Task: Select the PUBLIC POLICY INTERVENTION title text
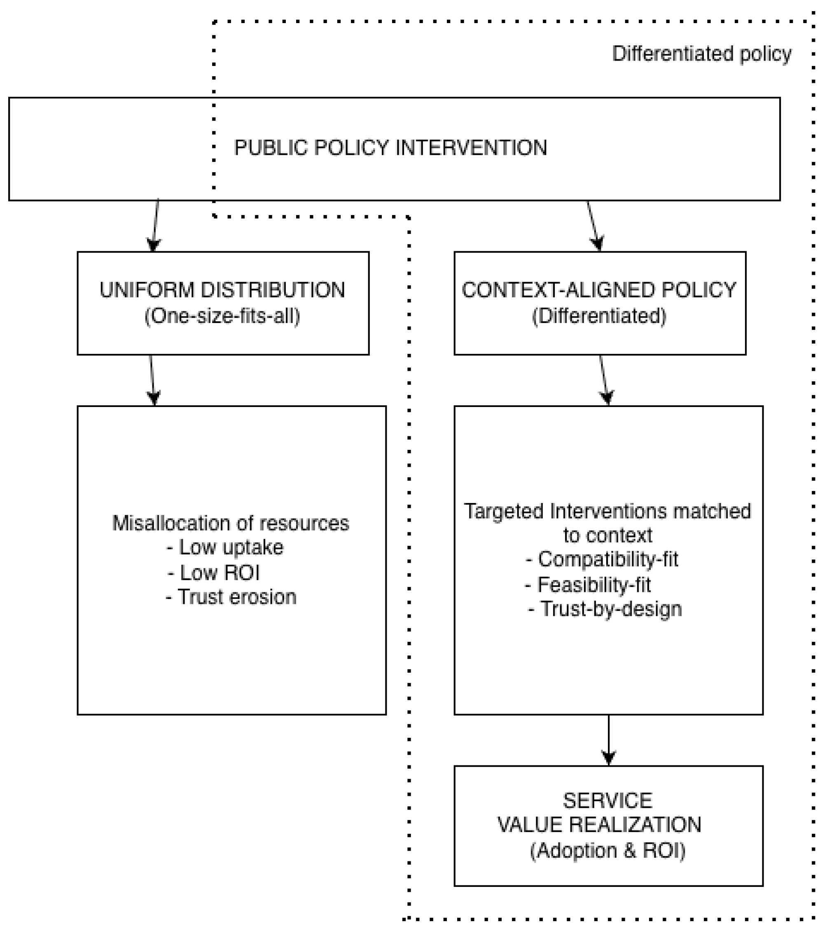pos(390,148)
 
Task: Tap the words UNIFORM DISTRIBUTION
pos(222,290)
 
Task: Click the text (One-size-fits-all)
pos(222,316)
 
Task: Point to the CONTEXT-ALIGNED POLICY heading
pos(599,290)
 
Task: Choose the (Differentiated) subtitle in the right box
pos(599,316)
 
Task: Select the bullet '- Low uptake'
pos(225,547)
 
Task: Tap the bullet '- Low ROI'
pos(214,573)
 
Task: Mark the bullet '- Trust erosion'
pos(231,597)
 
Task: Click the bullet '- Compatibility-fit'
pos(602,559)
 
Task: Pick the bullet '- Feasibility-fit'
pos(588,585)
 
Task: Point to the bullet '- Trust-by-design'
pos(604,609)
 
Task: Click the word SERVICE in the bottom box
pos(607,801)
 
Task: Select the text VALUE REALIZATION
pos(599,825)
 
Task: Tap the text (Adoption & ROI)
pos(607,850)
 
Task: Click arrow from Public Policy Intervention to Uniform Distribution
pos(156,225)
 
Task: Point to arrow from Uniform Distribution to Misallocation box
pos(152,380)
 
